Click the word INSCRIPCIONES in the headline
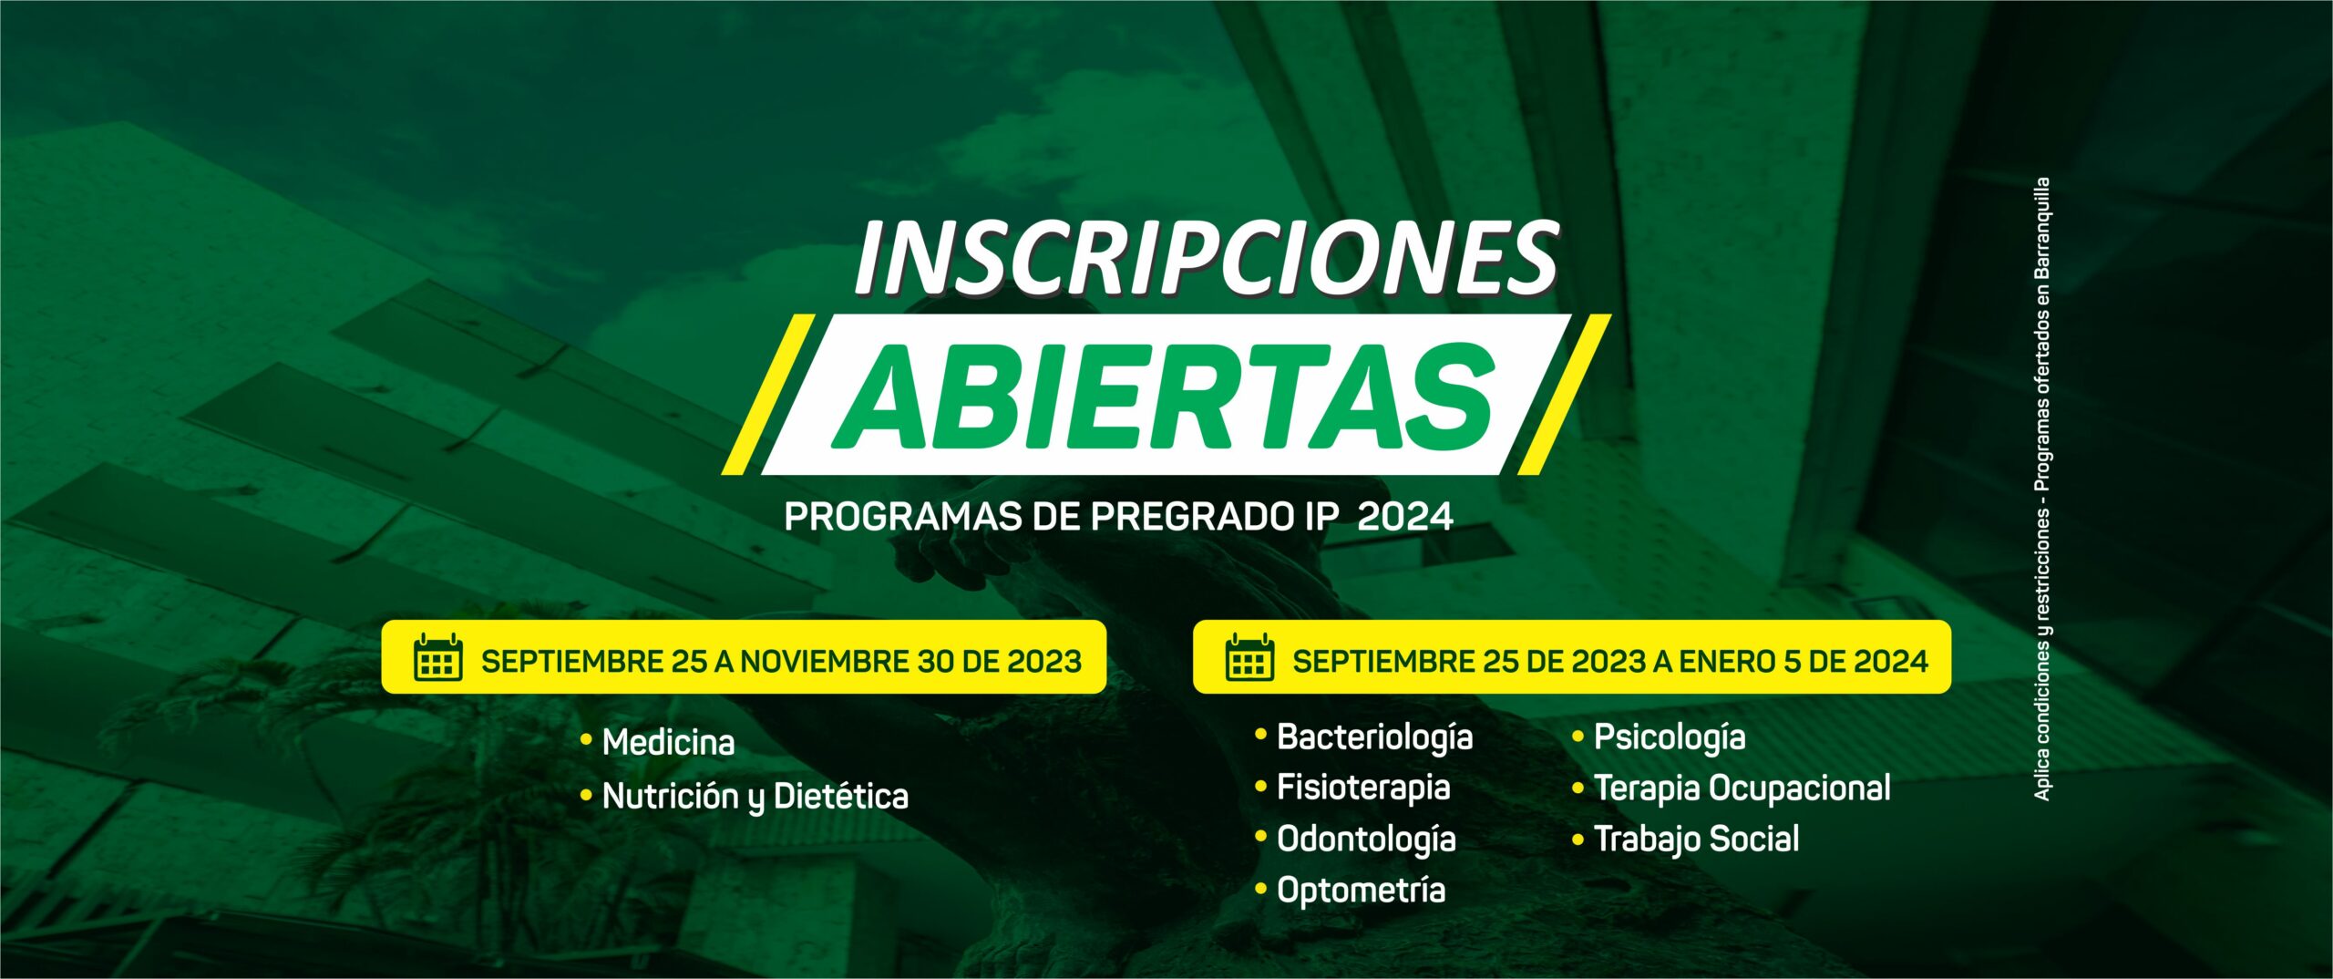pyautogui.click(x=1207, y=258)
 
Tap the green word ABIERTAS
pyautogui.click(x=1164, y=397)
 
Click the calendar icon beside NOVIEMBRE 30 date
pyautogui.click(x=438, y=657)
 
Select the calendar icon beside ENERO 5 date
pyautogui.click(x=1249, y=657)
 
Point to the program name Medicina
pyautogui.click(x=668, y=742)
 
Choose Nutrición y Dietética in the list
pyautogui.click(x=755, y=797)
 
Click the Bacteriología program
pyautogui.click(x=1374, y=737)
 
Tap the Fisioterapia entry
pyautogui.click(x=1363, y=788)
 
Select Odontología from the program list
pyautogui.click(x=1366, y=840)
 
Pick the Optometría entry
pyautogui.click(x=1361, y=890)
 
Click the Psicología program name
pyautogui.click(x=1670, y=737)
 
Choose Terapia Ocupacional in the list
pyautogui.click(x=1742, y=788)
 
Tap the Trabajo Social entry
pyautogui.click(x=1696, y=840)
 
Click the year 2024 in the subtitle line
pyautogui.click(x=1404, y=517)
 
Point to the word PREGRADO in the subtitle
pyautogui.click(x=1189, y=517)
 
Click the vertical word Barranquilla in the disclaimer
pyautogui.click(x=2041, y=228)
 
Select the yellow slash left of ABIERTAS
pyautogui.click(x=768, y=395)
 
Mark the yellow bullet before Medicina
pyautogui.click(x=586, y=741)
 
